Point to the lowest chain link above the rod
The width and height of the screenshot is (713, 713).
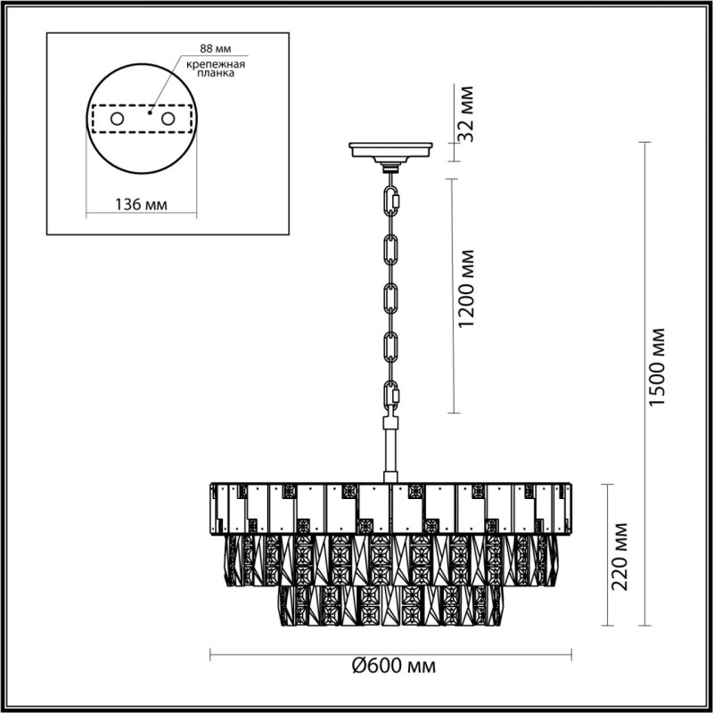point(390,395)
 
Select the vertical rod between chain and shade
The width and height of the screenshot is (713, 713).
point(390,450)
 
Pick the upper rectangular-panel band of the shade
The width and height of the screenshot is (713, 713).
point(390,508)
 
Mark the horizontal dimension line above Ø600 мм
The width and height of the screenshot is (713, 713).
point(390,653)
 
